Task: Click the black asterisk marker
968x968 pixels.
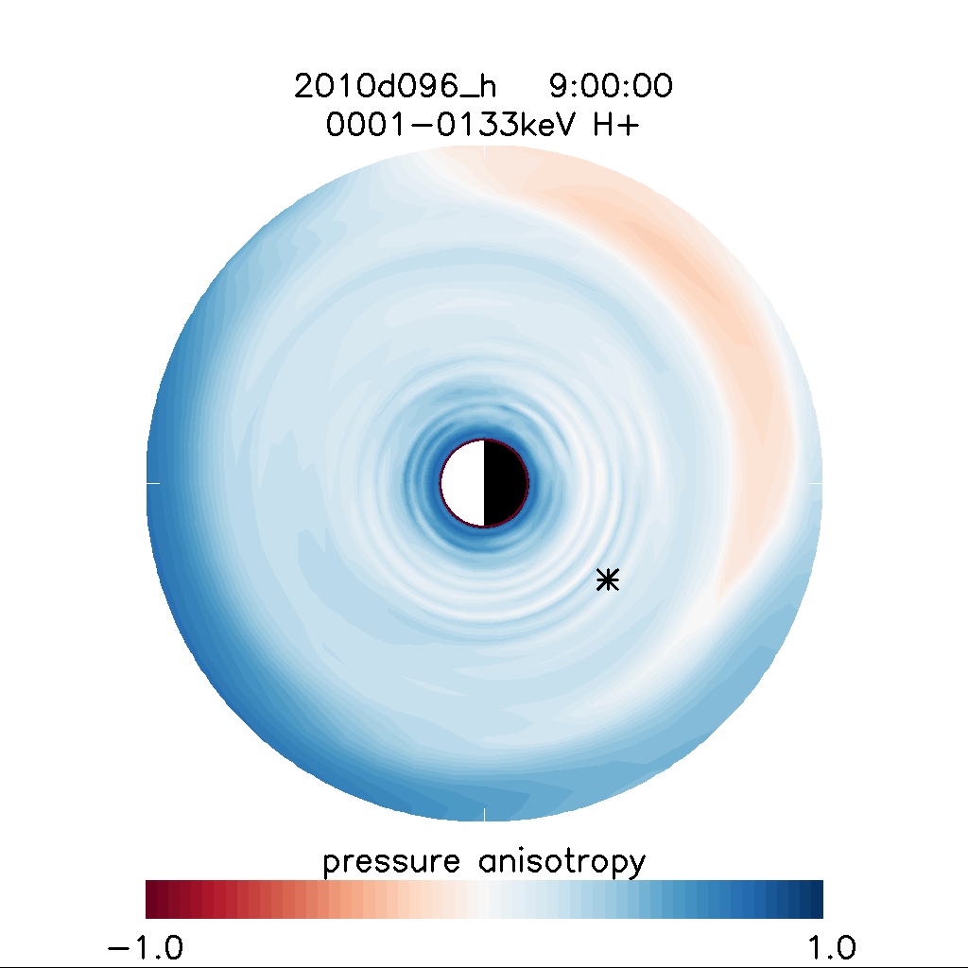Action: click(x=608, y=579)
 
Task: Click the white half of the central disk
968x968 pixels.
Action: click(x=463, y=482)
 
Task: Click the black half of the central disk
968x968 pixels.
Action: click(x=505, y=482)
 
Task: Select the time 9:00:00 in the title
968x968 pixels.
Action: click(x=611, y=87)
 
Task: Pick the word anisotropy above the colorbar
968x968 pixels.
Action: click(x=555, y=861)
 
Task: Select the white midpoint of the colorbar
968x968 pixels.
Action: click(x=484, y=899)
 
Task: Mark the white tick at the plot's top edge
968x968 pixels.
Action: click(x=484, y=150)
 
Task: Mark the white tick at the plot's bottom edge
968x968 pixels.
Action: click(x=484, y=815)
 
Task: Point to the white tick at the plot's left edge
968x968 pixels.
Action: click(x=152, y=482)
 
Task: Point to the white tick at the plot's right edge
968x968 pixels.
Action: click(x=817, y=482)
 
